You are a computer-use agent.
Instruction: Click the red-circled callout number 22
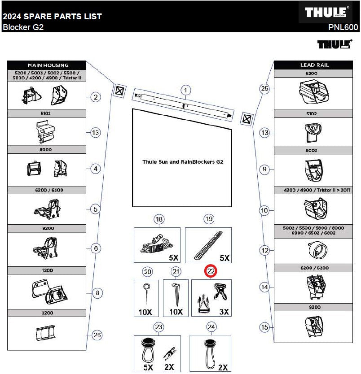tap(211, 271)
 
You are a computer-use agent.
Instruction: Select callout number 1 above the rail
tap(186, 91)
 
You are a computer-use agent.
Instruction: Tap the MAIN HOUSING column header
tap(48, 65)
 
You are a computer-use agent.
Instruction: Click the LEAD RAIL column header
tap(315, 65)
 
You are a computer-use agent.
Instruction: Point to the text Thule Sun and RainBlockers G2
tap(183, 162)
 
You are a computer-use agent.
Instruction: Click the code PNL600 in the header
tap(343, 27)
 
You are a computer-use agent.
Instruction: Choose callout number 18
tap(159, 219)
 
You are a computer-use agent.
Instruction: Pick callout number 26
tap(97, 335)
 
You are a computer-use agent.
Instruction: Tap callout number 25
tap(264, 88)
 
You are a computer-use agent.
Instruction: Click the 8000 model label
tap(46, 149)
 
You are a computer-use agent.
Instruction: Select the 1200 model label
tap(47, 270)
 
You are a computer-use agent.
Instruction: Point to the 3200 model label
tap(47, 313)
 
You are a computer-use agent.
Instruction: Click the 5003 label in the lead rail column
tap(311, 151)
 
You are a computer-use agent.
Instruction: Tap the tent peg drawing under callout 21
tap(176, 295)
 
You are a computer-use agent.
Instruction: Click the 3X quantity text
tap(224, 312)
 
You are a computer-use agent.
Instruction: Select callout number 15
tap(264, 327)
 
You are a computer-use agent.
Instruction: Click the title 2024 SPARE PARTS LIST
tap(52, 17)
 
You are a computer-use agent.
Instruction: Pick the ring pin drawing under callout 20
tap(146, 295)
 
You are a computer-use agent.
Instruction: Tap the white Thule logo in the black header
tap(326, 12)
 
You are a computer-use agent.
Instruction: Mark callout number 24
tap(211, 327)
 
